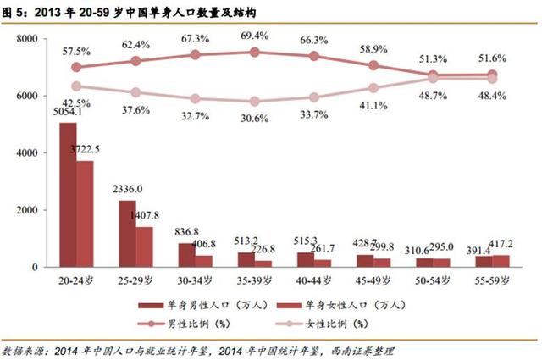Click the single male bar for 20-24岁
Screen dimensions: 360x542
coord(68,195)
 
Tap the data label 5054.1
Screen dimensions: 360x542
coord(66,112)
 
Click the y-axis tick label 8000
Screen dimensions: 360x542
coord(27,39)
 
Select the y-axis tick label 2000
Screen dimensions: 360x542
coord(27,210)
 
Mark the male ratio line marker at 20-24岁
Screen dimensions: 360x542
coord(76,67)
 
